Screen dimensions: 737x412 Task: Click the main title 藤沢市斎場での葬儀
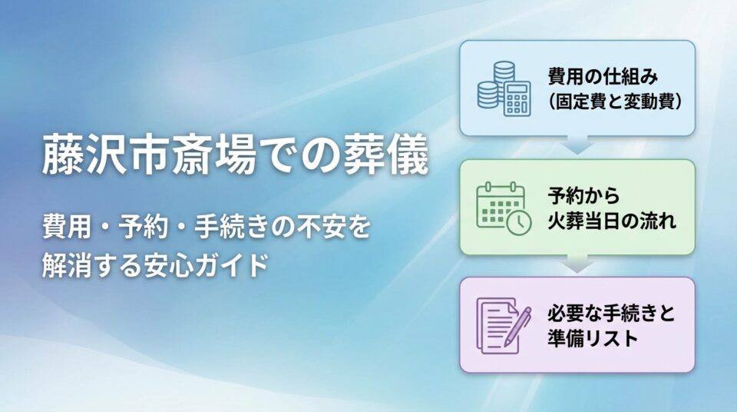[236, 154]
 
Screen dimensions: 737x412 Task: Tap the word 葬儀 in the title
[386, 154]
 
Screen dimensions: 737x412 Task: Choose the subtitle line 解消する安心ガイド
[155, 265]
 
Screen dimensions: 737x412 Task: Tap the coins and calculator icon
[504, 88]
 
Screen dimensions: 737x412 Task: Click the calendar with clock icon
[504, 208]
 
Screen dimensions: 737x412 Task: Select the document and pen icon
[504, 325]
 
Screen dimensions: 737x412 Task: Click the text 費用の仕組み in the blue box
[603, 76]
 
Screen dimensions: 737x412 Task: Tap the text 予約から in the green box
[583, 195]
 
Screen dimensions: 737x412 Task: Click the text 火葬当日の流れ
[612, 221]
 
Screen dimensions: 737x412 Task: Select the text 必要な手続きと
[611, 313]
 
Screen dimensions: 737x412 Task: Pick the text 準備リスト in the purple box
[592, 338]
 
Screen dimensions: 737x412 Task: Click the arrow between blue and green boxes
[577, 145]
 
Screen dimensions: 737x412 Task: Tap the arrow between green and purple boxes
[577, 264]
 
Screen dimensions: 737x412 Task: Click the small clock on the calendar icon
[519, 222]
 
